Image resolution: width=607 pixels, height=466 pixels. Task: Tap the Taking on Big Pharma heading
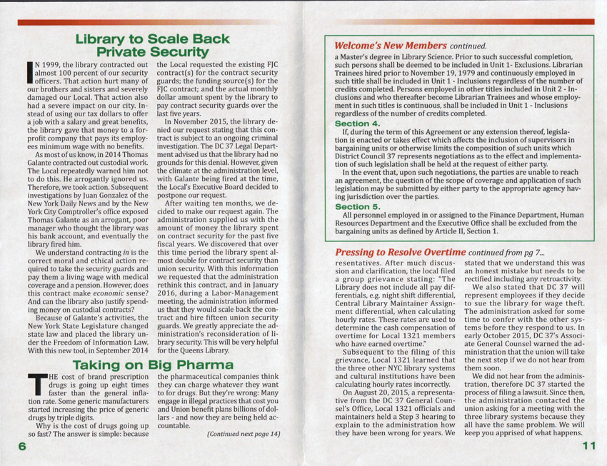tap(154, 365)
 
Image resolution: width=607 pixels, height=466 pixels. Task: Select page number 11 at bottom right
tap(588, 446)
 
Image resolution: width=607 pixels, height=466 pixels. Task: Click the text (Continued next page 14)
tap(244, 433)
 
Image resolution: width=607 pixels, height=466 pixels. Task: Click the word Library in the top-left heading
tap(103, 39)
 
